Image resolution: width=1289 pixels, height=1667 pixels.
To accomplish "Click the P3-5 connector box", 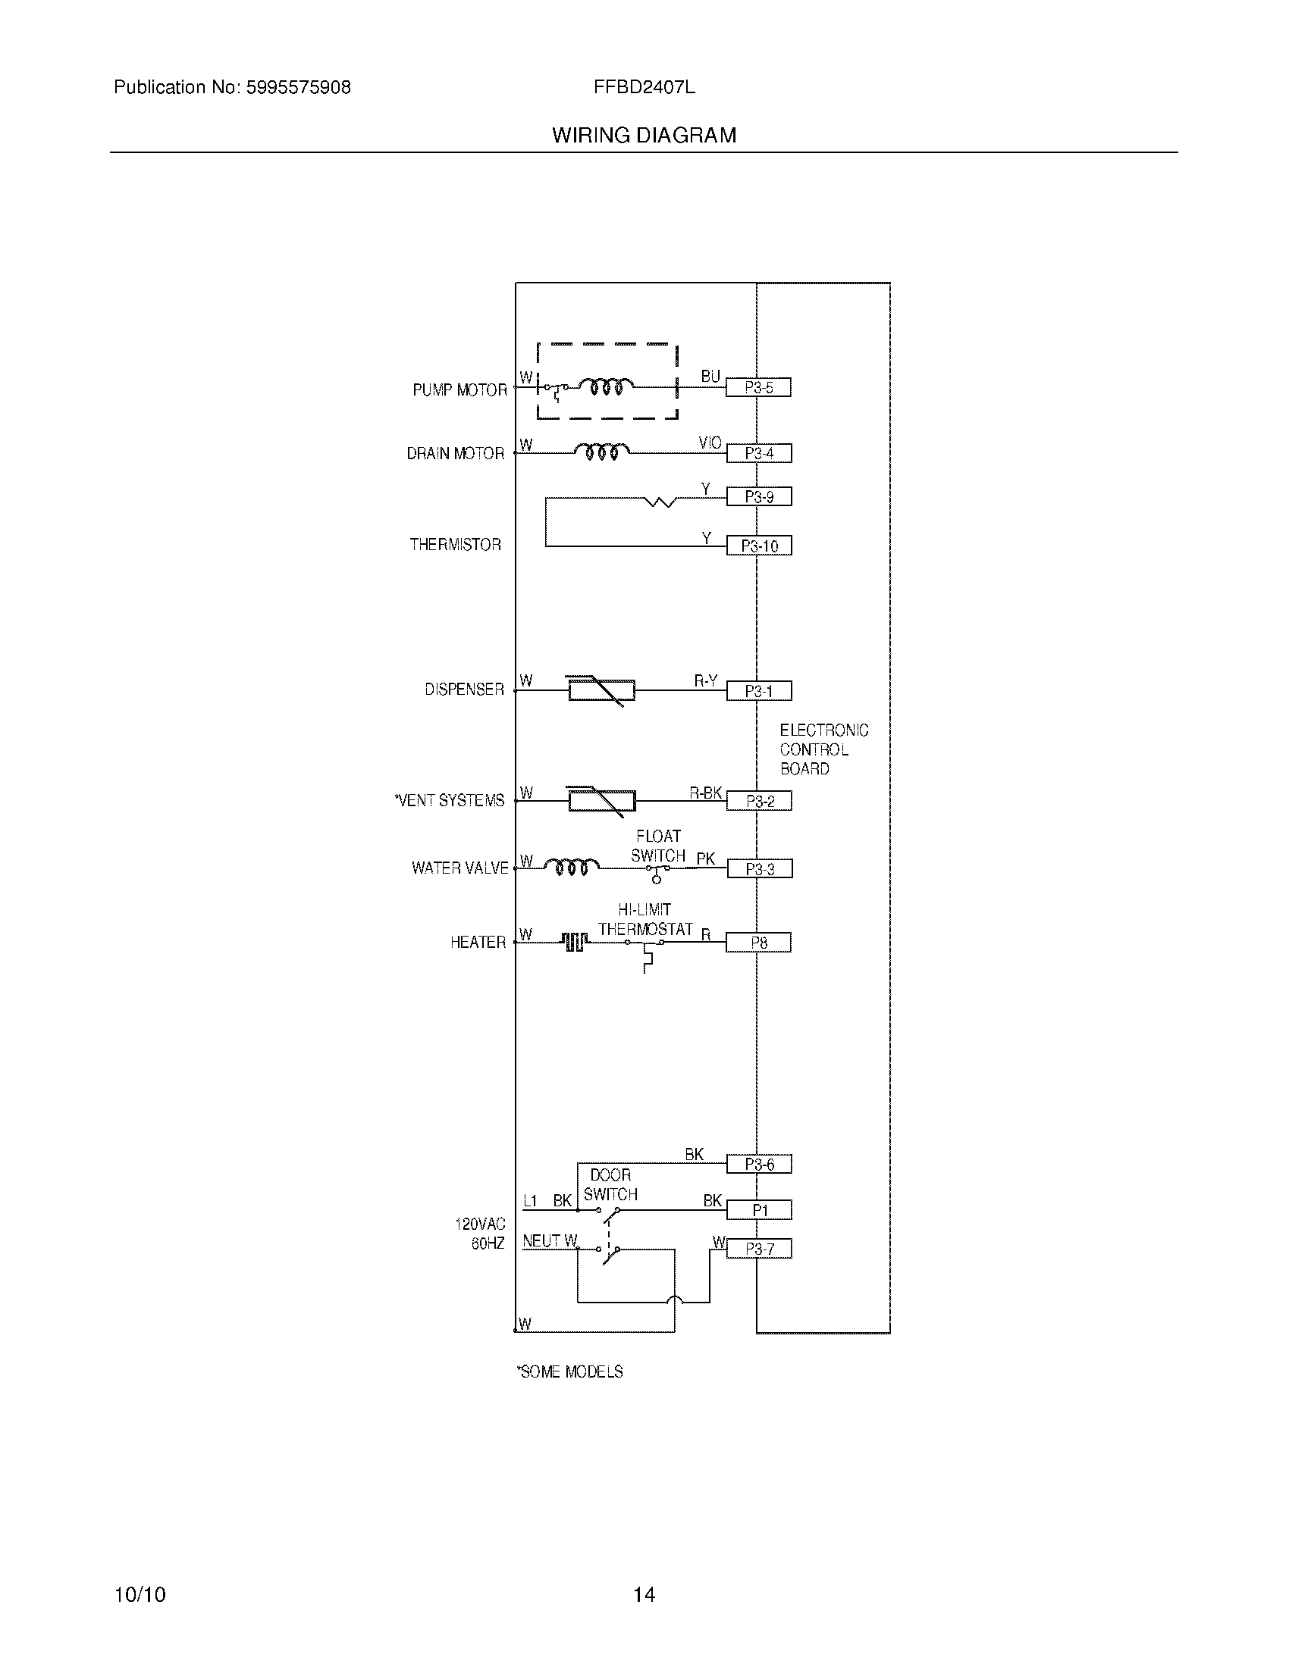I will point(758,388).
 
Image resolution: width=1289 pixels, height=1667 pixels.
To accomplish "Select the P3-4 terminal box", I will point(758,453).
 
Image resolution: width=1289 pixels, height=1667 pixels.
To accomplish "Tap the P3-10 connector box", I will point(759,546).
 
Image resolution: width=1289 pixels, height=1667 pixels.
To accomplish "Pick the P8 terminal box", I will point(758,943).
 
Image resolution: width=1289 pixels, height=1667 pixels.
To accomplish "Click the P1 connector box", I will point(759,1210).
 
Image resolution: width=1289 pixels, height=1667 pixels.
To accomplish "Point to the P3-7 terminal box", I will point(758,1249).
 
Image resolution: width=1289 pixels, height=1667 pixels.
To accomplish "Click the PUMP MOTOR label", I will point(459,390).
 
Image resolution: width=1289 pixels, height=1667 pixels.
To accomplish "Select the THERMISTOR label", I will point(455,544).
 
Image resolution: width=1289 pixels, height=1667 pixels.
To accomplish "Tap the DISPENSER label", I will point(464,690).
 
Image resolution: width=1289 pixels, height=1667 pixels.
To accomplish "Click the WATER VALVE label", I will point(459,868).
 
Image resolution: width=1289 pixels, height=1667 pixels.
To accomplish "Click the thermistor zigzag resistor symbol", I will point(660,502).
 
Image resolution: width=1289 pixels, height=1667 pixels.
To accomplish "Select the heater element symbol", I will point(574,942).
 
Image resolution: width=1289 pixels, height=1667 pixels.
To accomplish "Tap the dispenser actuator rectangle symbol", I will point(602,691).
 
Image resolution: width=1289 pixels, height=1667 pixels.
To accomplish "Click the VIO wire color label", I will point(710,443).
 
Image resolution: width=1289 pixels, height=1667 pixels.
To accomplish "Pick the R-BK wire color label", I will point(706,793).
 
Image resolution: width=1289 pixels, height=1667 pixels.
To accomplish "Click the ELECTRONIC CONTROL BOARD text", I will point(823,749).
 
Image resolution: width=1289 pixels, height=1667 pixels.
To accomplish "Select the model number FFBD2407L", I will point(644,87).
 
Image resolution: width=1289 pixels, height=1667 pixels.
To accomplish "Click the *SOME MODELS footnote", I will point(569,1371).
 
